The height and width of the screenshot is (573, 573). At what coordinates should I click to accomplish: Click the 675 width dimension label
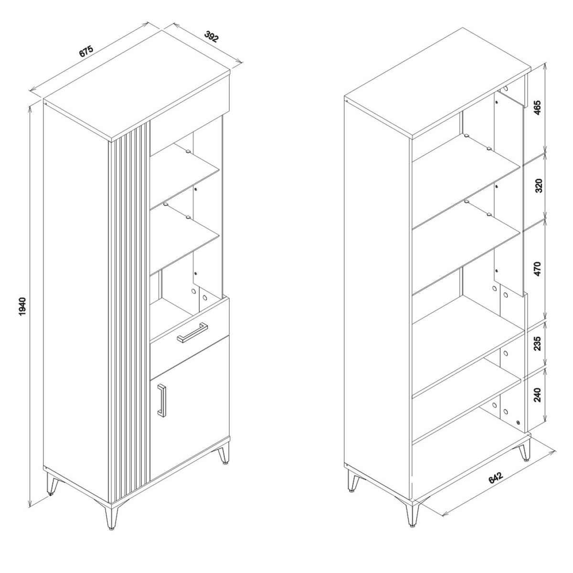(x=86, y=52)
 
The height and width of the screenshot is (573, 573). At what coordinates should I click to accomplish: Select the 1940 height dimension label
(x=23, y=307)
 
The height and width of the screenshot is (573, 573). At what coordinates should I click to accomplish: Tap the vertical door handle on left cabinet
(x=161, y=399)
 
